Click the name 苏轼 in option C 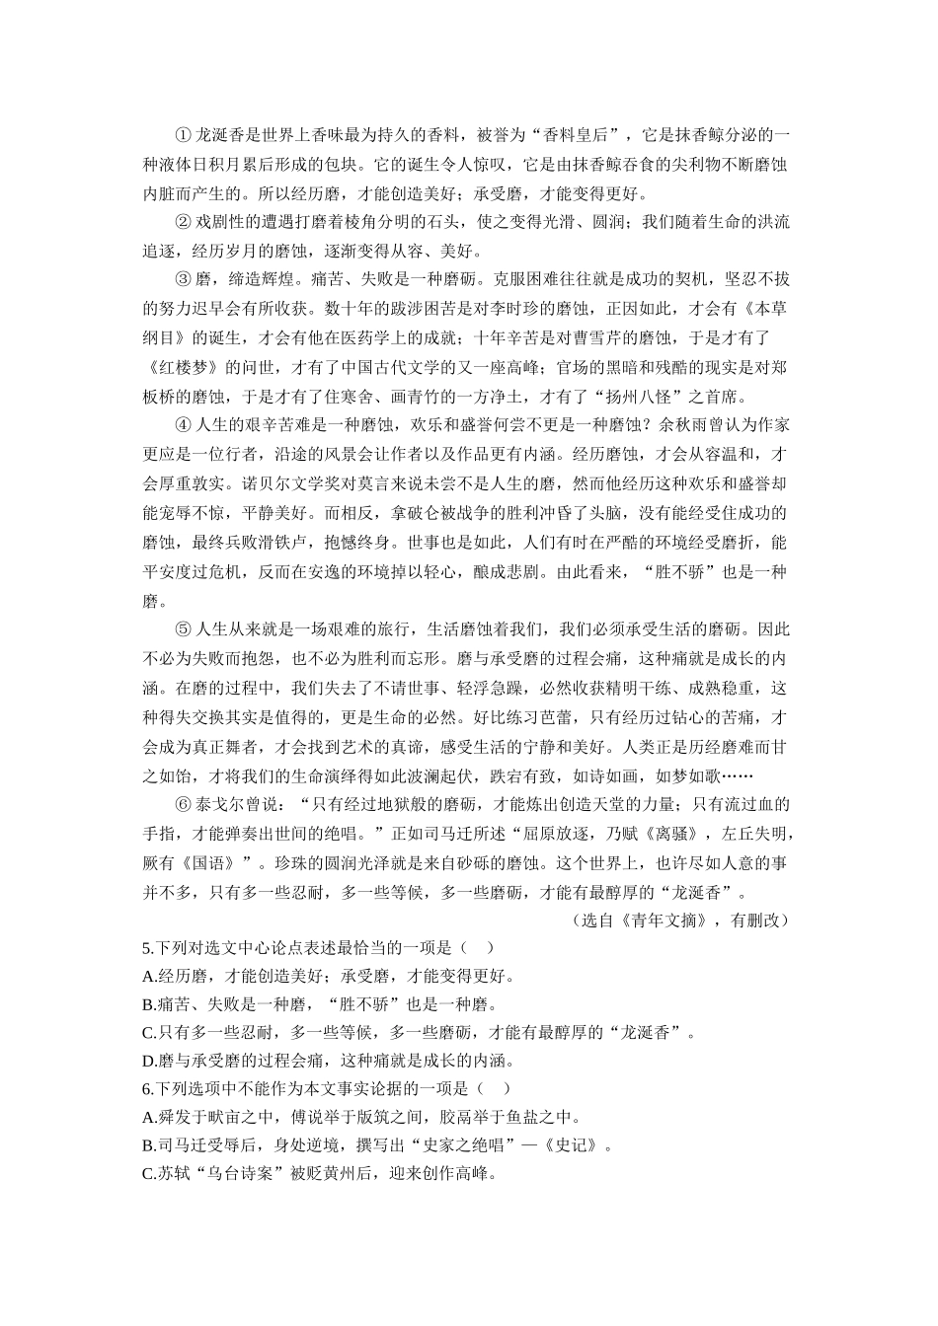pos(173,1174)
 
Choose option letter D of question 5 pos(149,1061)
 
